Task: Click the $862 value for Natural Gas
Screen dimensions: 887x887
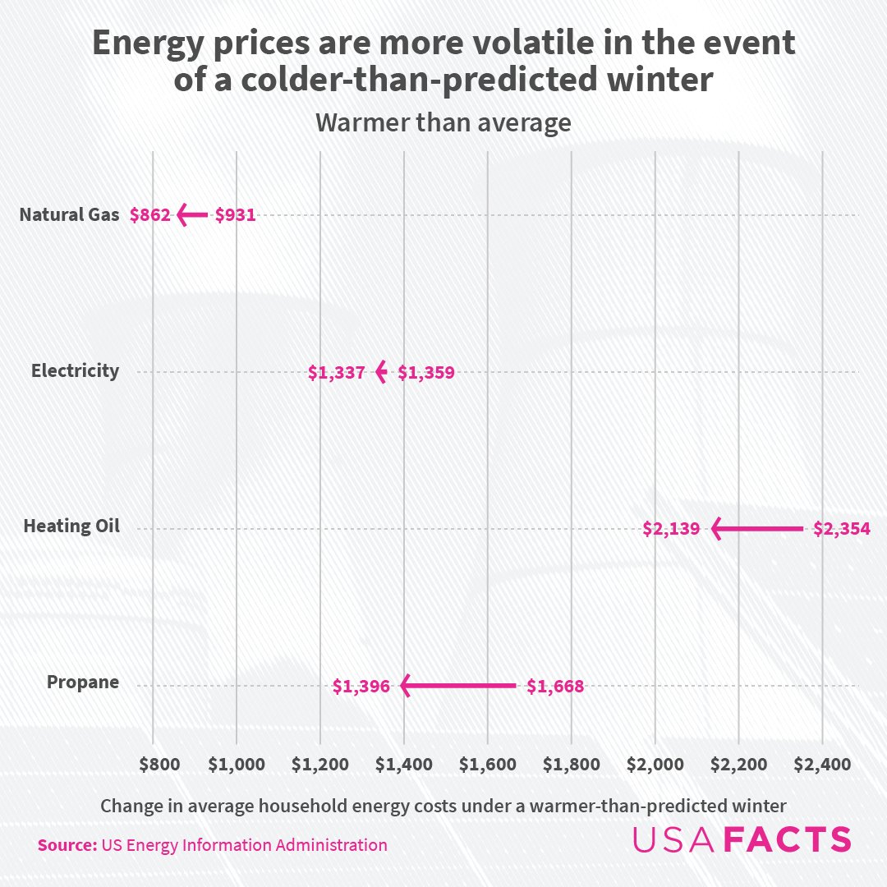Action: click(x=149, y=216)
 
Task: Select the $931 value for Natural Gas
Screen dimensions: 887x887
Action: click(x=236, y=216)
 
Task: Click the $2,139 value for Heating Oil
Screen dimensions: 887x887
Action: click(x=671, y=529)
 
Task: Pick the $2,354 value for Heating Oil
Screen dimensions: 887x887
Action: click(x=842, y=529)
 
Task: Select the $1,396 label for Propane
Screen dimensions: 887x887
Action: click(x=361, y=686)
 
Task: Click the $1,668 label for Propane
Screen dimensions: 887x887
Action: click(x=555, y=686)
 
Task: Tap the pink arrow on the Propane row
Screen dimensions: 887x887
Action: click(x=457, y=685)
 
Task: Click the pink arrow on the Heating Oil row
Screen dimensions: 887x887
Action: click(x=756, y=528)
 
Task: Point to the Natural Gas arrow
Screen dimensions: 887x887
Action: click(x=192, y=215)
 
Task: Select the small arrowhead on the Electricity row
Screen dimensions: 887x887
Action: click(x=381, y=372)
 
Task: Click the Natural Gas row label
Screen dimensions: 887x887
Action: click(x=70, y=216)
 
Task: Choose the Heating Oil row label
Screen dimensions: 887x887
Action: click(x=71, y=526)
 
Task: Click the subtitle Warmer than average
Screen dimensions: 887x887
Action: click(x=443, y=123)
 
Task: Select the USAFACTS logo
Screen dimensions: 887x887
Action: click(x=742, y=839)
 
